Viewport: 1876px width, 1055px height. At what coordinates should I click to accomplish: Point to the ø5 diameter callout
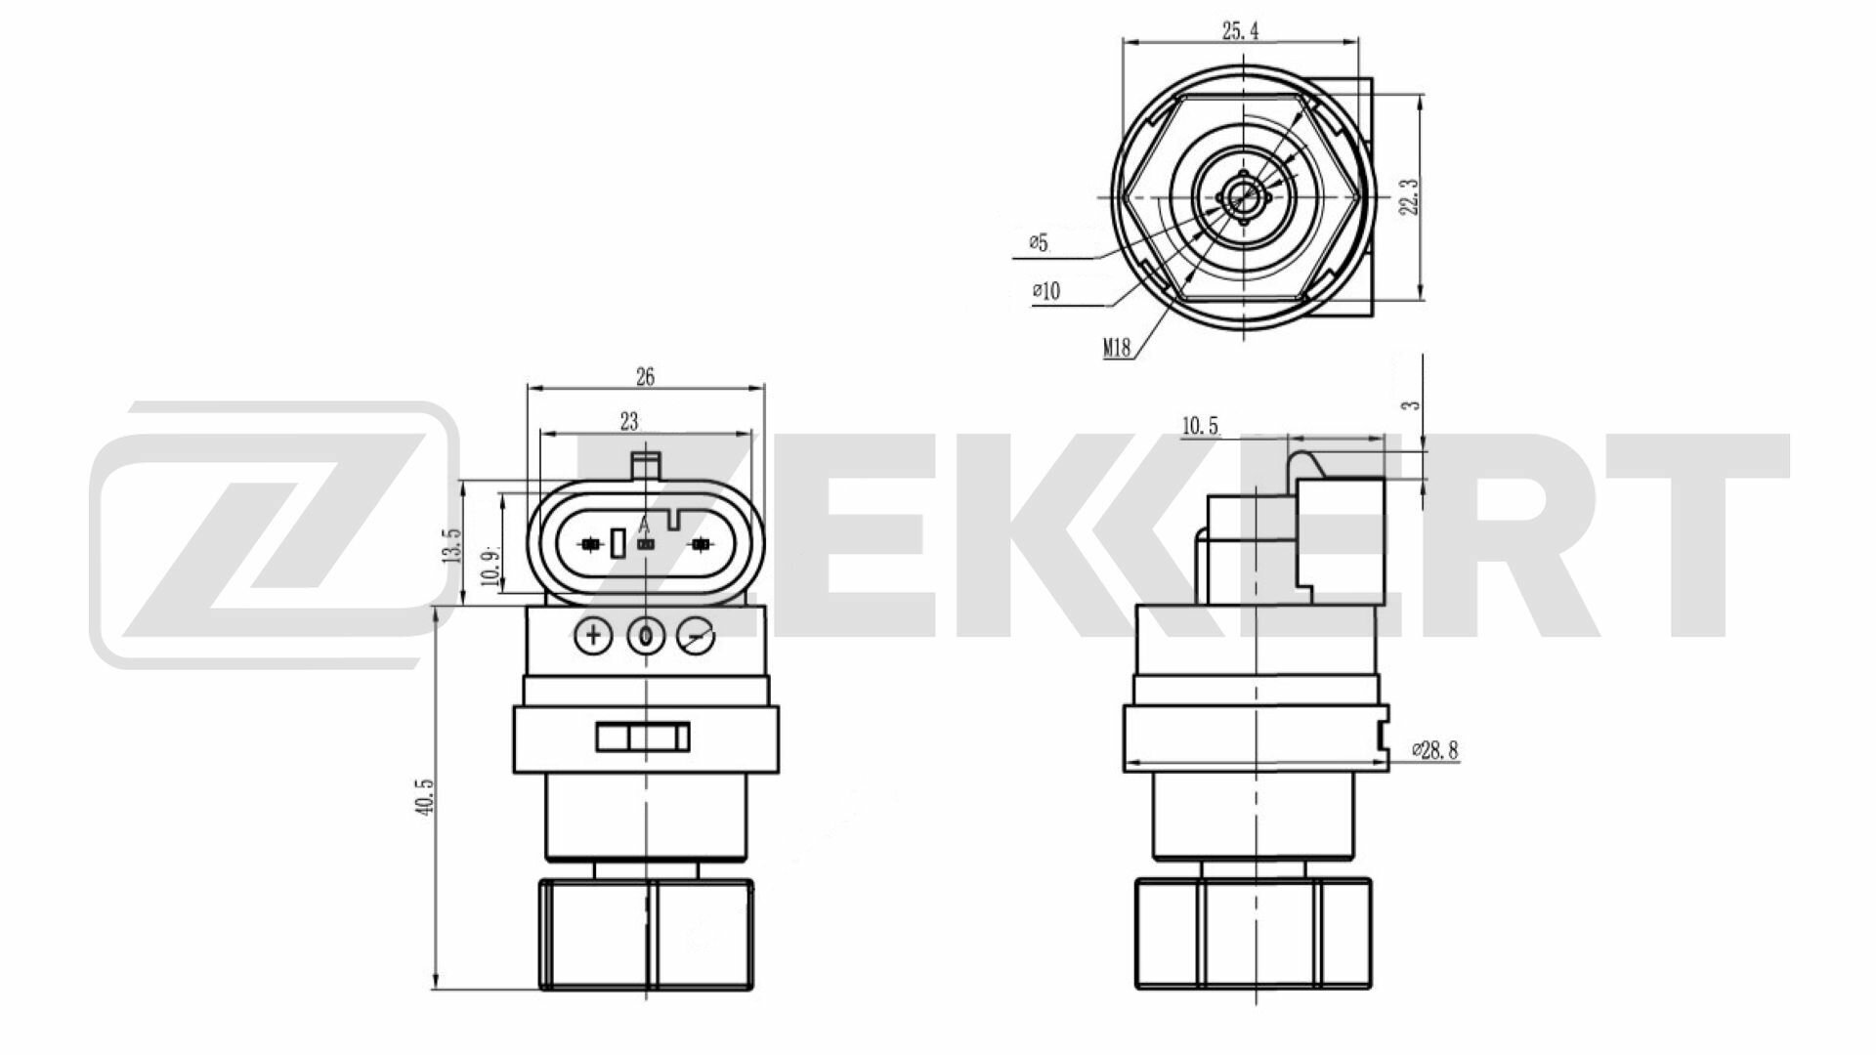coord(1038,242)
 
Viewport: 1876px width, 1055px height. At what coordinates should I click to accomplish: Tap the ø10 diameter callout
coord(1045,290)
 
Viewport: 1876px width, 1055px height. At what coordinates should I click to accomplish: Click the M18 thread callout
coord(1118,347)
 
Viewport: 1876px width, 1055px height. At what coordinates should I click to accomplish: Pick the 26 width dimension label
coord(645,376)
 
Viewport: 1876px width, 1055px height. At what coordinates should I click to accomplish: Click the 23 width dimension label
coord(629,421)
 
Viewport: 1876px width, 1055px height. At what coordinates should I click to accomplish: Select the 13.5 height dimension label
coord(450,545)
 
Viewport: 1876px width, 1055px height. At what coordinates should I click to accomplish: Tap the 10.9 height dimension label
coord(490,565)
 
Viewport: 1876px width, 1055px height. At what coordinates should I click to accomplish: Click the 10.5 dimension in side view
coord(1201,426)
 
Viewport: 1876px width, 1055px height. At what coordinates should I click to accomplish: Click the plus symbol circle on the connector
coord(593,637)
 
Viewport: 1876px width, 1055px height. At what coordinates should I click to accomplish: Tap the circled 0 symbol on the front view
coord(645,637)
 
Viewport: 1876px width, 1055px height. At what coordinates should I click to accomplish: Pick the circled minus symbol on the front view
coord(696,638)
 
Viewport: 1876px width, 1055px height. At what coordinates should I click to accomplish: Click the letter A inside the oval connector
coord(644,527)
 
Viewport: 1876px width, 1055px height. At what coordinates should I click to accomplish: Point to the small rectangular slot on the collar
coord(643,737)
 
